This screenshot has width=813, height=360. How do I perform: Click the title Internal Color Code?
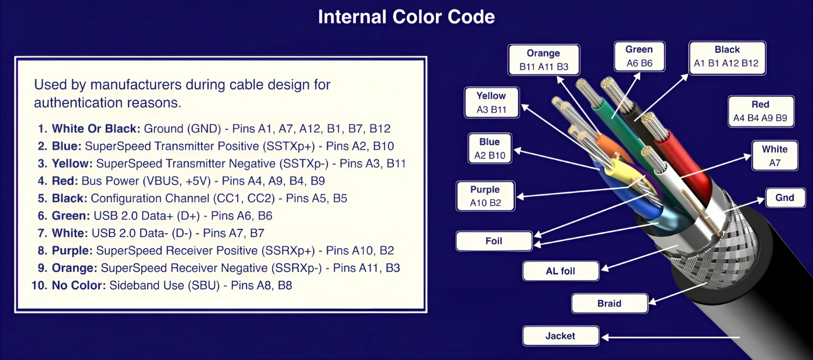pyautogui.click(x=406, y=17)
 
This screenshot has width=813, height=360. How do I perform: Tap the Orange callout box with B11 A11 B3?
pyautogui.click(x=544, y=60)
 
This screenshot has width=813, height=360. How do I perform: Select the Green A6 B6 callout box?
pyautogui.click(x=639, y=56)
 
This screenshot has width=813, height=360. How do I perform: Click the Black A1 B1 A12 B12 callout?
pyautogui.click(x=727, y=58)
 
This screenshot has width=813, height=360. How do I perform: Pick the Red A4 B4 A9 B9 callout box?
pyautogui.click(x=761, y=111)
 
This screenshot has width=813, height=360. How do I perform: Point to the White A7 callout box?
pyautogui.click(x=775, y=156)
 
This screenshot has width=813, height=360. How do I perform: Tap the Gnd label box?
pyautogui.click(x=785, y=197)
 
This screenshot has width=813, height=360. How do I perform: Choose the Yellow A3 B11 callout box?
pyautogui.click(x=492, y=102)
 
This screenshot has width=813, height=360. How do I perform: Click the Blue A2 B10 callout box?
pyautogui.click(x=490, y=148)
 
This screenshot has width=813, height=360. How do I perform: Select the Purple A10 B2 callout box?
pyautogui.click(x=485, y=196)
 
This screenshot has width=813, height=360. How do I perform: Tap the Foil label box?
pyautogui.click(x=494, y=241)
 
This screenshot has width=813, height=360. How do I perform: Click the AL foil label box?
pyautogui.click(x=560, y=271)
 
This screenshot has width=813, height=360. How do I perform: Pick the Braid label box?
pyautogui.click(x=610, y=303)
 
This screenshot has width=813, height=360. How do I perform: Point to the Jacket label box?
pyautogui.click(x=560, y=336)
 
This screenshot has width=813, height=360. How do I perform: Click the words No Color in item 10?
pyautogui.click(x=79, y=285)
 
